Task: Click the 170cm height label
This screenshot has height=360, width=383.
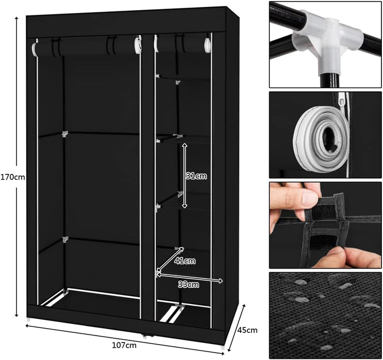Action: tap(13, 177)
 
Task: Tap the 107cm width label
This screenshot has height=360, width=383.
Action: tap(124, 345)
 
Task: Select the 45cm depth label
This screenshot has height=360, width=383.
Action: tap(247, 330)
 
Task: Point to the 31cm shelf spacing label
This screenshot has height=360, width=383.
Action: tap(196, 176)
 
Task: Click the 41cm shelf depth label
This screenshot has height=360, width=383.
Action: tap(185, 261)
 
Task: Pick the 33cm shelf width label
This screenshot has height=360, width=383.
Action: tap(188, 284)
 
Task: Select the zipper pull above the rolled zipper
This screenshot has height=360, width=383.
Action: tap(342, 99)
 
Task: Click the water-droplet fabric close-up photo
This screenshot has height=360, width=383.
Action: tap(325, 315)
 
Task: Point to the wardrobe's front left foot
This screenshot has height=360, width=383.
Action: tap(29, 320)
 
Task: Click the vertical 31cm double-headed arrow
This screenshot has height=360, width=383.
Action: tap(185, 175)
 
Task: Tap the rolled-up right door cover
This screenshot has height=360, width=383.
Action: tap(183, 44)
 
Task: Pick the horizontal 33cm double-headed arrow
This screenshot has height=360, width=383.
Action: tap(190, 278)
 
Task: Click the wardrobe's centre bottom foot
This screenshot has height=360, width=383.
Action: tap(145, 337)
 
